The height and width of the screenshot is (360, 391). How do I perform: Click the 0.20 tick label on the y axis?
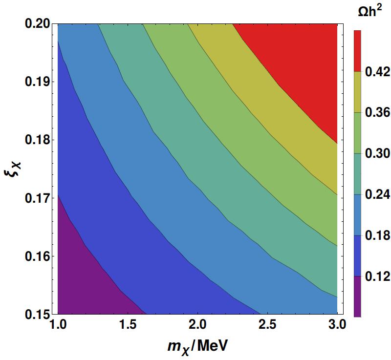pos(38,24)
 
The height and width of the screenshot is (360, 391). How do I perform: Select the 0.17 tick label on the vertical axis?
pos(38,198)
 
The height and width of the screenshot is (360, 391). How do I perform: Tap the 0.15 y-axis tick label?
pos(38,315)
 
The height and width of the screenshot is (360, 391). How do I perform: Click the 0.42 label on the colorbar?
pos(377,72)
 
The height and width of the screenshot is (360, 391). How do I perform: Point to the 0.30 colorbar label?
pos(377,153)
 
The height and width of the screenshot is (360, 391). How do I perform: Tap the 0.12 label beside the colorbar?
pos(377,276)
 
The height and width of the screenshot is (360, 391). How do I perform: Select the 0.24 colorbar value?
pos(377,194)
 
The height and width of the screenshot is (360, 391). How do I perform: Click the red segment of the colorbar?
pos(357,51)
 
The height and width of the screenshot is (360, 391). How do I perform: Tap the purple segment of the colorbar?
pos(357,296)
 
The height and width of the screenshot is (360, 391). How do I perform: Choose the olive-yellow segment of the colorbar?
pos(357,92)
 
